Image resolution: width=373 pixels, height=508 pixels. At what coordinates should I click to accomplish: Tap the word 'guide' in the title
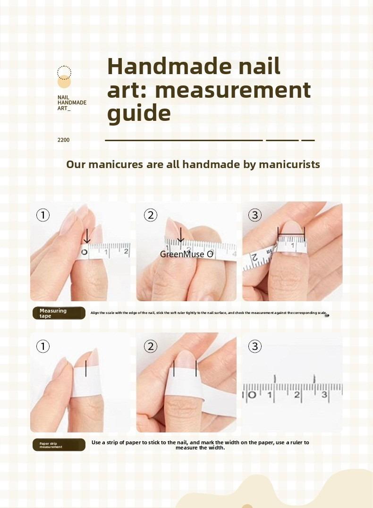click(x=139, y=114)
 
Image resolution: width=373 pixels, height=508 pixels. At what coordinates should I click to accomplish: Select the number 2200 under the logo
click(x=63, y=140)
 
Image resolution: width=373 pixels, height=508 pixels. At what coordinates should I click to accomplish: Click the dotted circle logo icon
click(x=64, y=72)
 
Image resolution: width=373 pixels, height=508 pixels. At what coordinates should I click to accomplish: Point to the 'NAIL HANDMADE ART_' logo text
click(x=71, y=102)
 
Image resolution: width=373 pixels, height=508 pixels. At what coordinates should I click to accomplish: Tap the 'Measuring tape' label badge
click(x=59, y=313)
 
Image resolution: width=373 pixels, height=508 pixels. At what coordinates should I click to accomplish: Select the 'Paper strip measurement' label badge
click(x=59, y=445)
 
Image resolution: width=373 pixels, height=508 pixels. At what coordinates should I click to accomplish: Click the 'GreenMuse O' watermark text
click(x=186, y=254)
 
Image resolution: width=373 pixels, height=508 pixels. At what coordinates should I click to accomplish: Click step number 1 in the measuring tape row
click(x=43, y=216)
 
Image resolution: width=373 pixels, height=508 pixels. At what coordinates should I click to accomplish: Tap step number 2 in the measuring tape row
click(x=150, y=216)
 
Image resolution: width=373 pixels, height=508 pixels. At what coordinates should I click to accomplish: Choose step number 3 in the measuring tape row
click(x=255, y=216)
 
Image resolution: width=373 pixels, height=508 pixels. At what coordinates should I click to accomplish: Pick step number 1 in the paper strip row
click(x=43, y=347)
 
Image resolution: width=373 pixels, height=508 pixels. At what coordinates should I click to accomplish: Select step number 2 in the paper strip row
click(x=150, y=347)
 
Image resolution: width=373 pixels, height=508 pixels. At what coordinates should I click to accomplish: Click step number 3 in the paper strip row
click(x=255, y=347)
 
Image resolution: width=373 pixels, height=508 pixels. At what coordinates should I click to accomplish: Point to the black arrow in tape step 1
click(x=87, y=236)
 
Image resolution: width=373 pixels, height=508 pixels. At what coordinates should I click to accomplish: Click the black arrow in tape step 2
click(x=180, y=235)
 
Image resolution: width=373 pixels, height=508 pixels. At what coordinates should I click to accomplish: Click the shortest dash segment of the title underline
click(x=308, y=140)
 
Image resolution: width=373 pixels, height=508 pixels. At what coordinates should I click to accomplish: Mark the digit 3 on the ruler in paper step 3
click(x=324, y=395)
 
